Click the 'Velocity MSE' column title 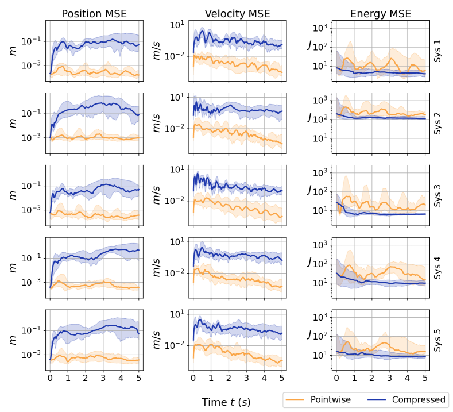coord(237,14)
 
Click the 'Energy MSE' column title coord(380,14)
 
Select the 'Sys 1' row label coord(438,49)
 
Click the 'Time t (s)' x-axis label coord(226,402)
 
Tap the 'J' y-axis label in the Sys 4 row coord(309,263)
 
